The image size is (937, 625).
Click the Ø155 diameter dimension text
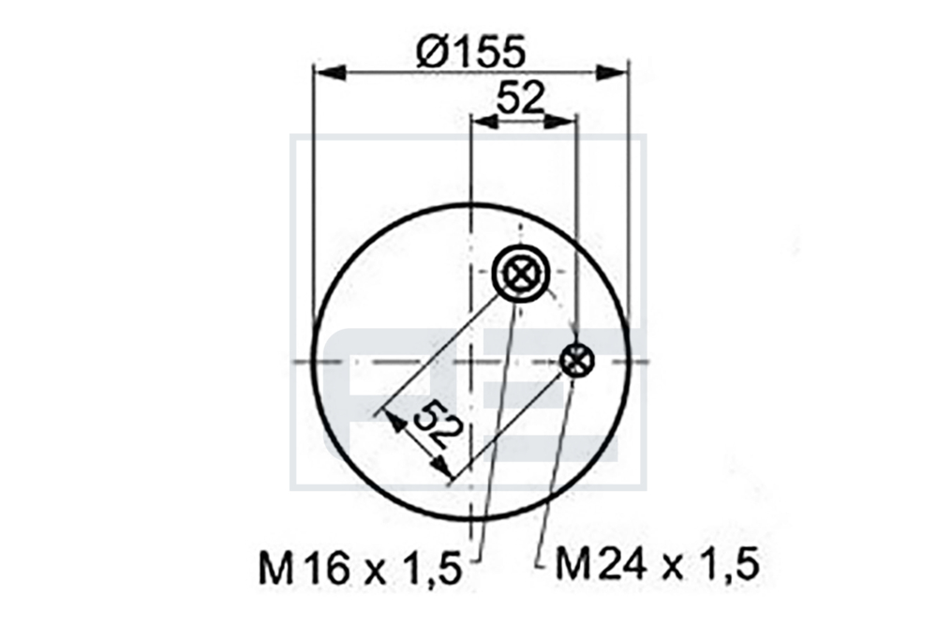471,51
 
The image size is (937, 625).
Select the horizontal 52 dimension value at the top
521,98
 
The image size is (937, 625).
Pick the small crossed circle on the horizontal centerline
576,361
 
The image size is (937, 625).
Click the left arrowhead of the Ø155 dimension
331,73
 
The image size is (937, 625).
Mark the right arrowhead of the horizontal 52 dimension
561,121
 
